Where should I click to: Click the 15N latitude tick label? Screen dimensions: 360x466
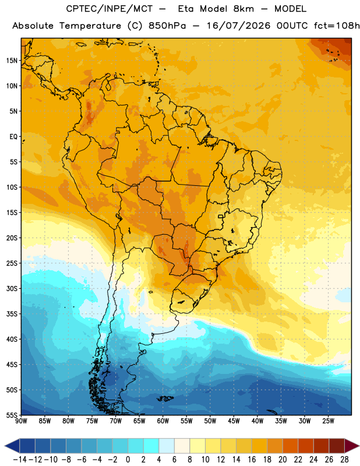point(12,61)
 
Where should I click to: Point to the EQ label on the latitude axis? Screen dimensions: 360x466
point(13,137)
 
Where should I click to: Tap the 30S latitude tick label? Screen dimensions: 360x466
point(12,288)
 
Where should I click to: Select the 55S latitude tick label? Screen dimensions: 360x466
point(12,415)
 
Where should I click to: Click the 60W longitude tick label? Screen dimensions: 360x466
point(163,421)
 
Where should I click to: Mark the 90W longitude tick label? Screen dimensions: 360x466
point(21,421)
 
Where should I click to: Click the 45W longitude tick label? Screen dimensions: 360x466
point(234,421)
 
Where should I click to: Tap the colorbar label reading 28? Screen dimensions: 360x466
point(344,460)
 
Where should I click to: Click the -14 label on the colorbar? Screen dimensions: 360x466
point(20,460)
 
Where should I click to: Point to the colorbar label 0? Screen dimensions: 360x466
point(128,460)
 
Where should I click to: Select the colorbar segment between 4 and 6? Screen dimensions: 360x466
point(167,446)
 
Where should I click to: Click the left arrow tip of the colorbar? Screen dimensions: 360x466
point(5,446)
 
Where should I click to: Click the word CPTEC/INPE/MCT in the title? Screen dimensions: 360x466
point(110,9)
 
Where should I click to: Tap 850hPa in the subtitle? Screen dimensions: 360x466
point(167,26)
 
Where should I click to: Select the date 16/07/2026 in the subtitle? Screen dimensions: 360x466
point(238,26)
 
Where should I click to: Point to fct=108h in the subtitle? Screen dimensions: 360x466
point(337,26)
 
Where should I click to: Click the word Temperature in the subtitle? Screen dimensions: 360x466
point(90,26)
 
